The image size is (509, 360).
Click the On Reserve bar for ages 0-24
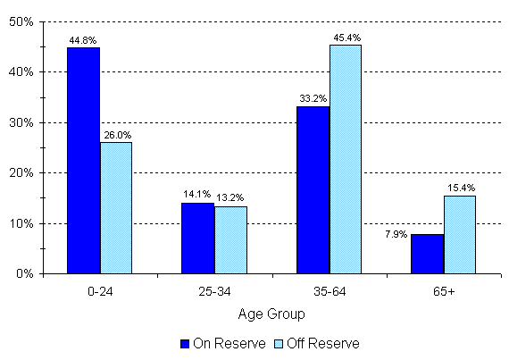(83, 161)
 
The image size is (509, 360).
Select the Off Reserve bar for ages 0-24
(116, 208)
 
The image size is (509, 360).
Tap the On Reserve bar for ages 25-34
(198, 238)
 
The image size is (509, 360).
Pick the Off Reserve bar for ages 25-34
(230, 240)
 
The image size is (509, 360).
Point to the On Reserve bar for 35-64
(313, 189)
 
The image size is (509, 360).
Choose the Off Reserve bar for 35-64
(346, 159)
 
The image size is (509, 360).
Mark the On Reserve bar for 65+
(428, 254)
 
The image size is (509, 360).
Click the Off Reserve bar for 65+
(460, 235)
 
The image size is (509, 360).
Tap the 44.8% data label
(82, 39)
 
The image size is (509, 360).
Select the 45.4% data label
(346, 37)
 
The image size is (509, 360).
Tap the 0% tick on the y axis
(22, 274)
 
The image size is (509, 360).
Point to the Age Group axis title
(271, 314)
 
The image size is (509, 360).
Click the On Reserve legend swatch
(186, 343)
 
